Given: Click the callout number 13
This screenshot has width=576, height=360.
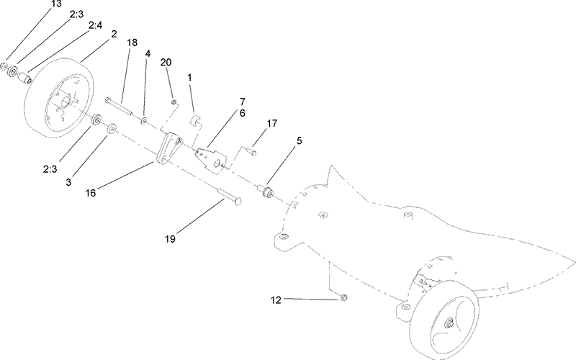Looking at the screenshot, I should click(x=56, y=4).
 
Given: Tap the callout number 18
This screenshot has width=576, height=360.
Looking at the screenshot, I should click(x=132, y=43).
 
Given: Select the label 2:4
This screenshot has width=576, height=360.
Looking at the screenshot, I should click(x=94, y=24).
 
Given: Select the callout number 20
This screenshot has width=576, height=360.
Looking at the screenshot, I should click(x=166, y=63).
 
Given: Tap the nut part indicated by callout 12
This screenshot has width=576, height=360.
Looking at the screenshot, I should click(x=343, y=297).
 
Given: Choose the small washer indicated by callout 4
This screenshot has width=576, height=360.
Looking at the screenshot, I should click(x=145, y=120).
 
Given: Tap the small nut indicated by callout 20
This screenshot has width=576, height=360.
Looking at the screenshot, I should click(x=174, y=102).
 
